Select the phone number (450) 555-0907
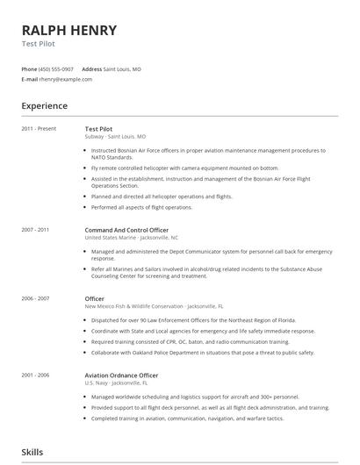57,68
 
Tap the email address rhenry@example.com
66,79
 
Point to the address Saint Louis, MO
122,68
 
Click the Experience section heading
44,106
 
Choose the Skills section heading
32,452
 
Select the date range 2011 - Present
39,129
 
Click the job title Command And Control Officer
126,230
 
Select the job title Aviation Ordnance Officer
121,376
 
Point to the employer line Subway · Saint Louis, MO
115,137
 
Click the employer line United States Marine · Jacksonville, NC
132,238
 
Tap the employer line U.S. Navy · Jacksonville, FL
116,383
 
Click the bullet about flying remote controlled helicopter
172,167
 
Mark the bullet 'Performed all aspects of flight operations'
141,207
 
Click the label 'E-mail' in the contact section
29,79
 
